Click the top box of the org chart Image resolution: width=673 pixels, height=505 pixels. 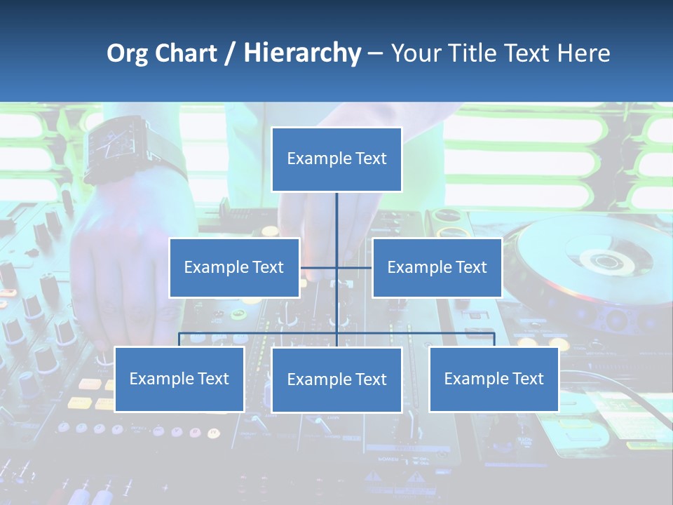(336, 159)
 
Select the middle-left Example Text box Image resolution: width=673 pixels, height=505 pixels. (234, 267)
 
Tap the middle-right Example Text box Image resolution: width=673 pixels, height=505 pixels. (437, 267)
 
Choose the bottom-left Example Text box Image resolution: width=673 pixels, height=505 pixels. (179, 379)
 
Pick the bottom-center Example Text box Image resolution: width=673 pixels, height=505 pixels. (336, 379)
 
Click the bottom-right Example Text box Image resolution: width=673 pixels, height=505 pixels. (494, 379)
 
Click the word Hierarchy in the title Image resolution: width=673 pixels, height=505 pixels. (302, 53)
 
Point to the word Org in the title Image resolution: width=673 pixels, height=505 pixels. (127, 53)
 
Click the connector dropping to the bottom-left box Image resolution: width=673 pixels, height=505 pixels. (179, 339)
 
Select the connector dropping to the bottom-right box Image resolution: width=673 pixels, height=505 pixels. (494, 339)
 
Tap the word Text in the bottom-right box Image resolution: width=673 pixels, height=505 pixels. (526, 379)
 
